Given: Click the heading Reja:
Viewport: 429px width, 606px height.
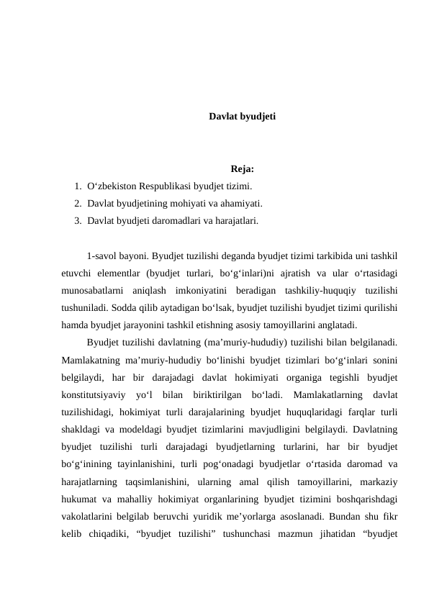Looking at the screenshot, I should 242,170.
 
